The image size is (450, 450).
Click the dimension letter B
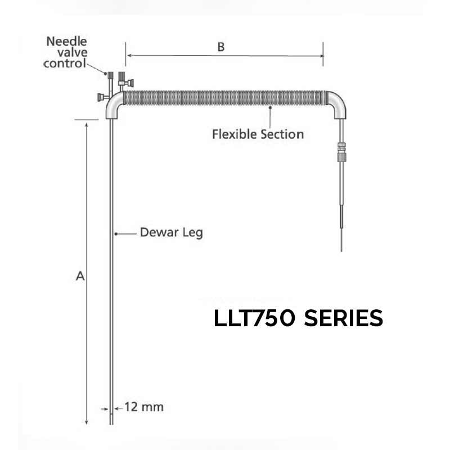tap(221, 47)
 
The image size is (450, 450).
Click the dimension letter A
tap(80, 276)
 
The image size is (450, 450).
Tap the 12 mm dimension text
tap(143, 407)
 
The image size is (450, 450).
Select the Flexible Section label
tap(258, 134)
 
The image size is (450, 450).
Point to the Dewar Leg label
tap(170, 232)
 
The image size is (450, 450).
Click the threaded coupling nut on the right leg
tap(340, 150)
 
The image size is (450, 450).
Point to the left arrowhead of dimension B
tap(128, 55)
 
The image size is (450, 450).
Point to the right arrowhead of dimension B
tap(321, 55)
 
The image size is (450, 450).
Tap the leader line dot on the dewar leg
tap(114, 232)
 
